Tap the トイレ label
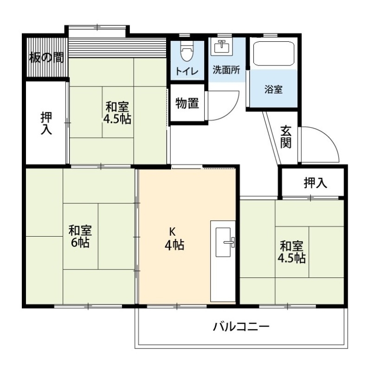point(187,71)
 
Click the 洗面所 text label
point(226,70)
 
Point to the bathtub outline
point(273,54)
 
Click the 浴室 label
point(273,90)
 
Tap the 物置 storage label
point(187,103)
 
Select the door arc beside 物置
point(230,109)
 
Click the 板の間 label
point(46,58)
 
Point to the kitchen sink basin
point(223,242)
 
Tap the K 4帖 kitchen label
point(174,238)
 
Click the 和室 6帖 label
point(80,236)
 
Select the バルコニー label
point(241,327)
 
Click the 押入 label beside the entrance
point(316,183)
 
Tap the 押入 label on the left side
point(46,123)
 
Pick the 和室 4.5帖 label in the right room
point(291,252)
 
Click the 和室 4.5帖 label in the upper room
point(117,113)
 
